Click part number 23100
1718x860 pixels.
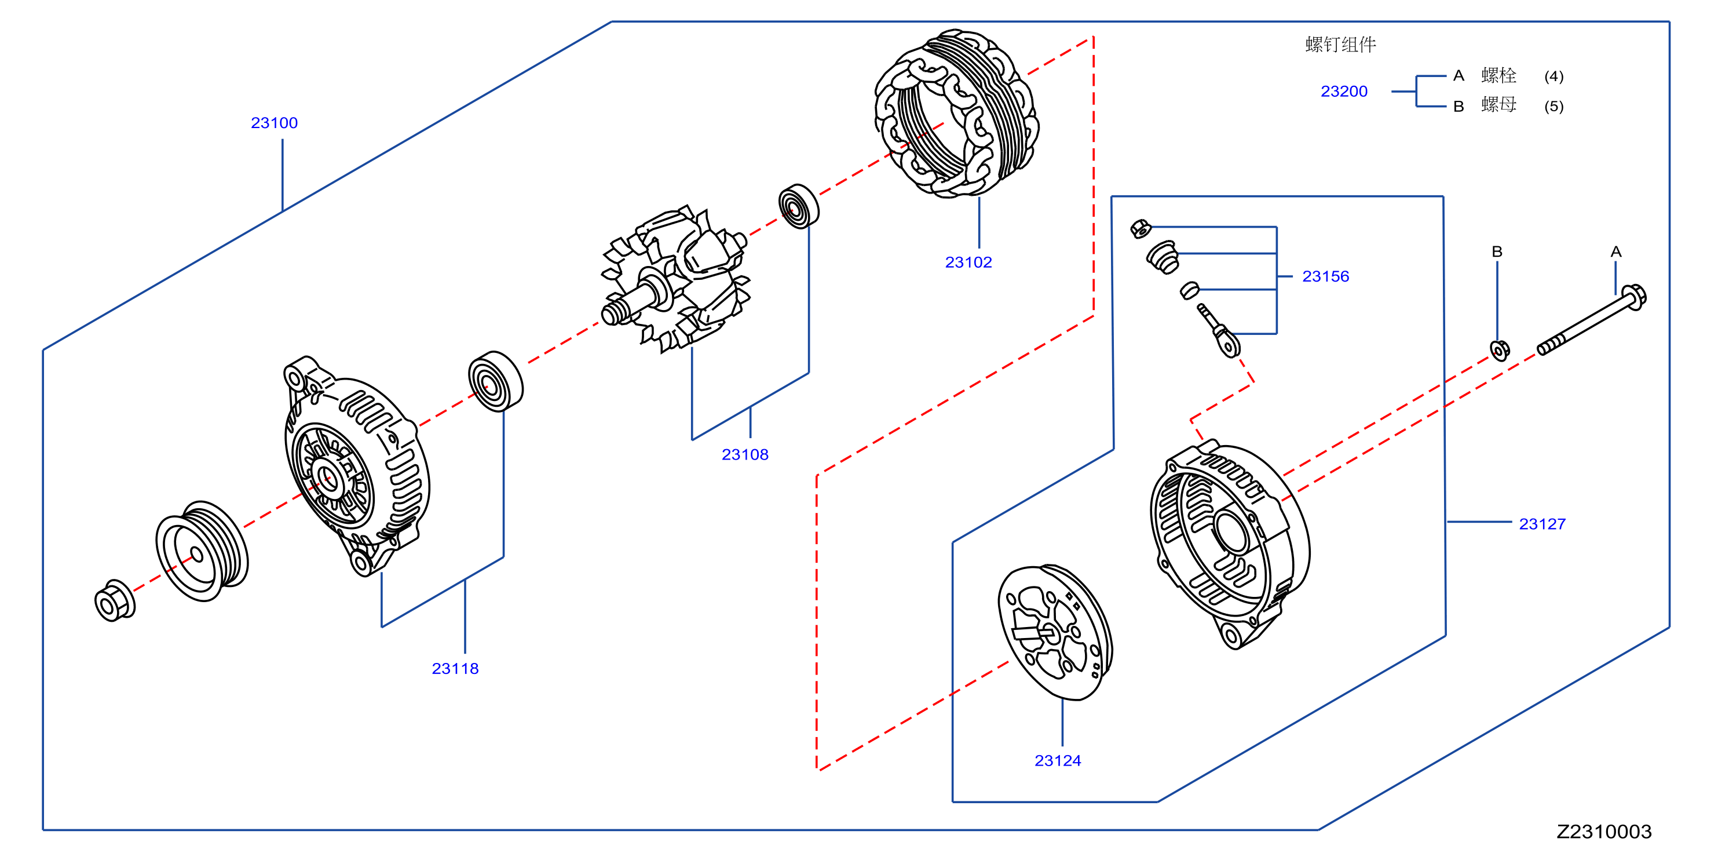tap(274, 123)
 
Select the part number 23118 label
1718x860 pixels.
tap(455, 669)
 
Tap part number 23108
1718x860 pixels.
tap(745, 454)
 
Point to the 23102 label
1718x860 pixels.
tap(968, 262)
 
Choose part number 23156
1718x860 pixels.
tap(1325, 276)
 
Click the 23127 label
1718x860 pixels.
tap(1542, 524)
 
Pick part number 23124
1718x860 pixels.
tap(1058, 760)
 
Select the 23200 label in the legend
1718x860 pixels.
tap(1344, 92)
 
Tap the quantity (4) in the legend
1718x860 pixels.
tap(1553, 76)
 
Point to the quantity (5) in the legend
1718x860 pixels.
tap(1553, 106)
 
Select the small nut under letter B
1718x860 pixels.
tap(1499, 350)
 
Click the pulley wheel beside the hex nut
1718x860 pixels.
tap(202, 551)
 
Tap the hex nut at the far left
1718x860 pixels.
tap(115, 601)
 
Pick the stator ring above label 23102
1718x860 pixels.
tap(957, 114)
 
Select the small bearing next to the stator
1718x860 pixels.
tap(798, 206)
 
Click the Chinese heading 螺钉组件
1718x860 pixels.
tap(1340, 45)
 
